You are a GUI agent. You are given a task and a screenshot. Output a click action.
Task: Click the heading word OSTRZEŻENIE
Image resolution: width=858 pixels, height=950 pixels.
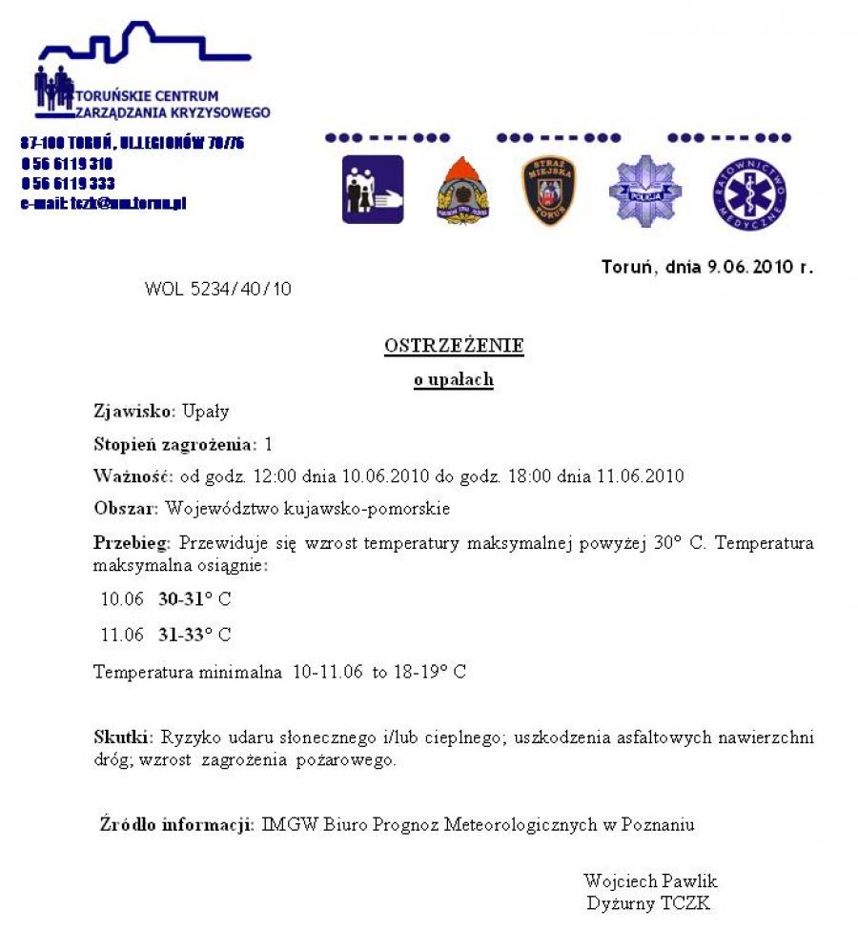coord(454,346)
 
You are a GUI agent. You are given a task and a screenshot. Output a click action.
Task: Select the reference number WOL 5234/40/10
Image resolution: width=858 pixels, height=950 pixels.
coord(218,289)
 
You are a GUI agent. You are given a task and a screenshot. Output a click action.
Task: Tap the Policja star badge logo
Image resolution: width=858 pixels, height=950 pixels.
coord(645,192)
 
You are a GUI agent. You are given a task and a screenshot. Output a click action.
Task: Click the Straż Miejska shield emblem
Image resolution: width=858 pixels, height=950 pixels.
coord(548,191)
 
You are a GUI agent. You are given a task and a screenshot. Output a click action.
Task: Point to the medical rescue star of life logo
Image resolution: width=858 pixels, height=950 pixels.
coord(749,193)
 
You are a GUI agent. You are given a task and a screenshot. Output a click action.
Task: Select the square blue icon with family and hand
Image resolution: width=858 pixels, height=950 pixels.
coord(373,190)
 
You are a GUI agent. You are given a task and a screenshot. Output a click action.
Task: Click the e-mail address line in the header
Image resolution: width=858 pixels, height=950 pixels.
coord(103,203)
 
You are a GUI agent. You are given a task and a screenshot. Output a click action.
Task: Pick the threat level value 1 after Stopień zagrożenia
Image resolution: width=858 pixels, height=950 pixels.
coord(269,444)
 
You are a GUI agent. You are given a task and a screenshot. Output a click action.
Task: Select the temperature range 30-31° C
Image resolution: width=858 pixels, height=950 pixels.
coord(194,599)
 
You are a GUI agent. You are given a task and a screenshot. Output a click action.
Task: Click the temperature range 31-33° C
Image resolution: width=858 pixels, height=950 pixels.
coord(194,635)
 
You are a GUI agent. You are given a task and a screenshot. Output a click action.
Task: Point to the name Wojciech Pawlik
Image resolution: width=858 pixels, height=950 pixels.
coord(650,880)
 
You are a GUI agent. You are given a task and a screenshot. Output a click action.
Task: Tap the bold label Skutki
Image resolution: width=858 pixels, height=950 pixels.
coord(123,737)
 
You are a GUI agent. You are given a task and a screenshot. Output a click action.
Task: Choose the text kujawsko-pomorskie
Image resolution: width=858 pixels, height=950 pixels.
coord(381,509)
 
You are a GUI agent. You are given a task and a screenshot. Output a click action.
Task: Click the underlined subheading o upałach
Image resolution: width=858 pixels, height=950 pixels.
coord(453,379)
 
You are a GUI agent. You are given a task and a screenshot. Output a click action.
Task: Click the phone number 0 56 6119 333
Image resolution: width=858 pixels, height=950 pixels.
coord(68,183)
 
